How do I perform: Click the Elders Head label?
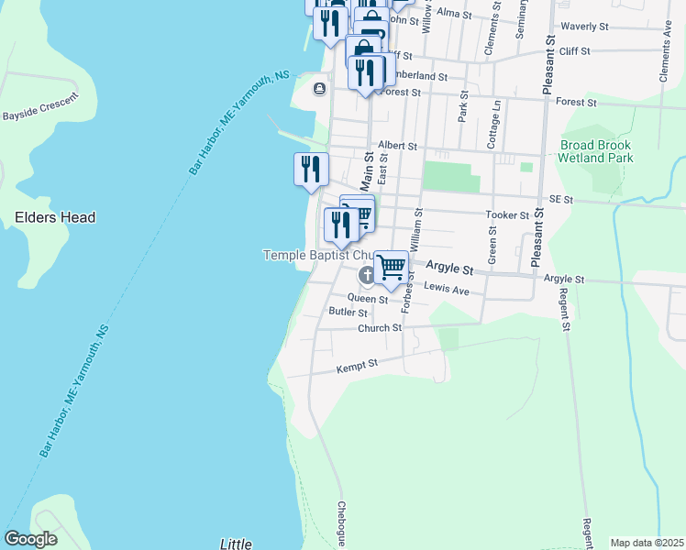click(55, 218)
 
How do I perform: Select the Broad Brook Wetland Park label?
click(596, 151)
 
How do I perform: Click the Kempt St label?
click(357, 365)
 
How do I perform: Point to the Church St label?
click(380, 328)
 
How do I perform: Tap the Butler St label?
click(348, 313)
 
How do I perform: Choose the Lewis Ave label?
click(447, 291)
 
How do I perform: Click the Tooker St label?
click(507, 215)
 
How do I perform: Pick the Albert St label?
click(397, 146)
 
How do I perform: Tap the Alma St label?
click(454, 14)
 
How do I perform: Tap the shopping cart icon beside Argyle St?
click(392, 267)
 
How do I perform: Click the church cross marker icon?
click(366, 275)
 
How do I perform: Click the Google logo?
click(31, 539)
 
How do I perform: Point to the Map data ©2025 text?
click(646, 543)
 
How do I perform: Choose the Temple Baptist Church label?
click(318, 255)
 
